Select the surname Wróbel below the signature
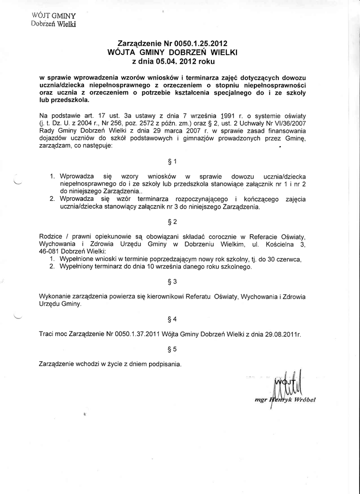tap(303, 400)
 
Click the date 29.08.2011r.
tap(282, 334)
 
